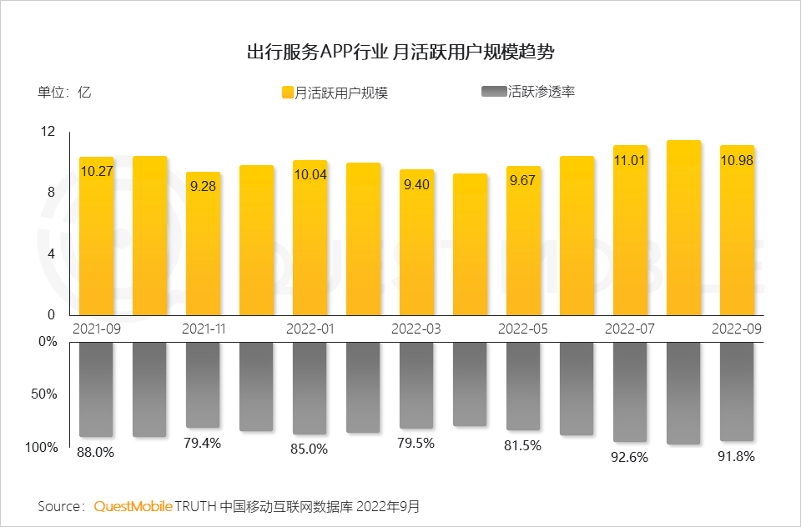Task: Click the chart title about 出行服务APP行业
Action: pyautogui.click(x=400, y=53)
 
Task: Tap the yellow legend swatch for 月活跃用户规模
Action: pyautogui.click(x=287, y=93)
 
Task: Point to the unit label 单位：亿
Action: pyautogui.click(x=64, y=93)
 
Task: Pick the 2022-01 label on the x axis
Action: pyautogui.click(x=310, y=329)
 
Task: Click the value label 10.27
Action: pyautogui.click(x=97, y=172)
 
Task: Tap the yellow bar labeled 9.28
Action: pyautogui.click(x=203, y=250)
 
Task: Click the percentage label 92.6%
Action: pyautogui.click(x=630, y=457)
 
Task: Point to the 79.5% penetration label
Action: pyautogui.click(x=417, y=443)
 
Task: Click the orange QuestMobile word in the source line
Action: pyautogui.click(x=133, y=506)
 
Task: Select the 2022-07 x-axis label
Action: pyautogui.click(x=630, y=329)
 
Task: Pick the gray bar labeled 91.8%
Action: pyautogui.click(x=737, y=391)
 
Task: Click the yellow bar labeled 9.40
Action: pyautogui.click(x=416, y=250)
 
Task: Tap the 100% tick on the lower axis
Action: pyautogui.click(x=43, y=448)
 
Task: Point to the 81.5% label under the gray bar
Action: pyautogui.click(x=523, y=446)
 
